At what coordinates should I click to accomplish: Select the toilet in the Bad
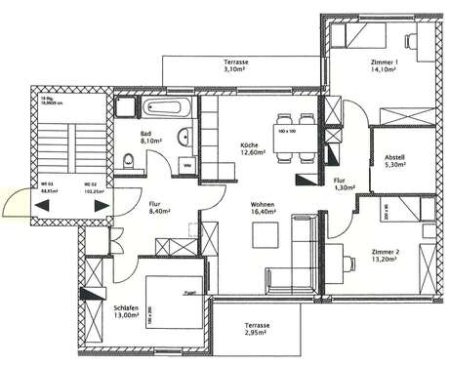click(x=128, y=160)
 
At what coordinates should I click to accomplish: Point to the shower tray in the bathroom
click(x=127, y=108)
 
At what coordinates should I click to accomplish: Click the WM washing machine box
click(x=187, y=165)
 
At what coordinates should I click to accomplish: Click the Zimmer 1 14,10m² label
click(x=386, y=66)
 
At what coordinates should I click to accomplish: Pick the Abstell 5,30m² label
click(x=395, y=162)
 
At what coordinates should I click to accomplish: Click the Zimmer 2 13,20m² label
click(x=387, y=256)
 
